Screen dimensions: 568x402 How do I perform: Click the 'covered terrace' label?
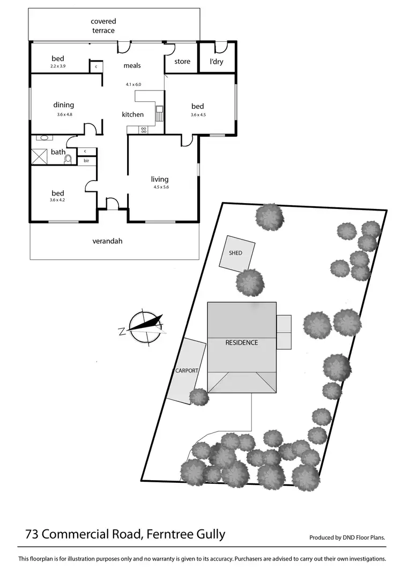tap(103, 26)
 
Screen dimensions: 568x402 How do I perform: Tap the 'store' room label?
tap(182, 62)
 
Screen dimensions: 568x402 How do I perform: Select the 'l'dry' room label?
tap(217, 62)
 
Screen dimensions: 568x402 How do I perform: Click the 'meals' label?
tap(132, 65)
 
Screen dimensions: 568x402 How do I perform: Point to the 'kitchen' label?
tap(132, 114)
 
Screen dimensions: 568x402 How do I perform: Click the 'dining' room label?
tap(63, 105)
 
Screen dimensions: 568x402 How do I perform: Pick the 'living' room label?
tap(160, 179)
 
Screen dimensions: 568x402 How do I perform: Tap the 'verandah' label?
tap(107, 241)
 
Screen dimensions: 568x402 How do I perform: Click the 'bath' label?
tap(58, 152)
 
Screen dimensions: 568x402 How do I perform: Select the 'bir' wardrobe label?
tap(86, 160)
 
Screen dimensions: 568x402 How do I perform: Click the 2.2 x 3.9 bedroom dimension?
tap(57, 66)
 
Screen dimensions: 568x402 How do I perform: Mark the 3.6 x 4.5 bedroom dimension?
tap(198, 115)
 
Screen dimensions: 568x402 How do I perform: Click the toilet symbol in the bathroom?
tap(68, 159)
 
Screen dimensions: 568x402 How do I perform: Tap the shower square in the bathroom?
tap(41, 157)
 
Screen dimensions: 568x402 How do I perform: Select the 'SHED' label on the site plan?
tap(235, 253)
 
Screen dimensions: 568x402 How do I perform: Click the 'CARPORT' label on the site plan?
tap(187, 370)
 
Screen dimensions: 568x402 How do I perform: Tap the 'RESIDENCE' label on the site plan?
tap(241, 342)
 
